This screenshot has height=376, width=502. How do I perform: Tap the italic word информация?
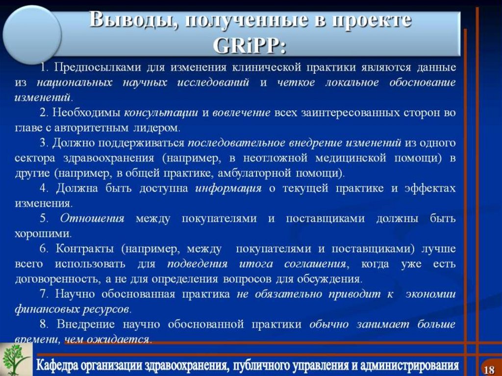tap(228, 189)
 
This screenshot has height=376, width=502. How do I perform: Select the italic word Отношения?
tap(92, 219)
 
